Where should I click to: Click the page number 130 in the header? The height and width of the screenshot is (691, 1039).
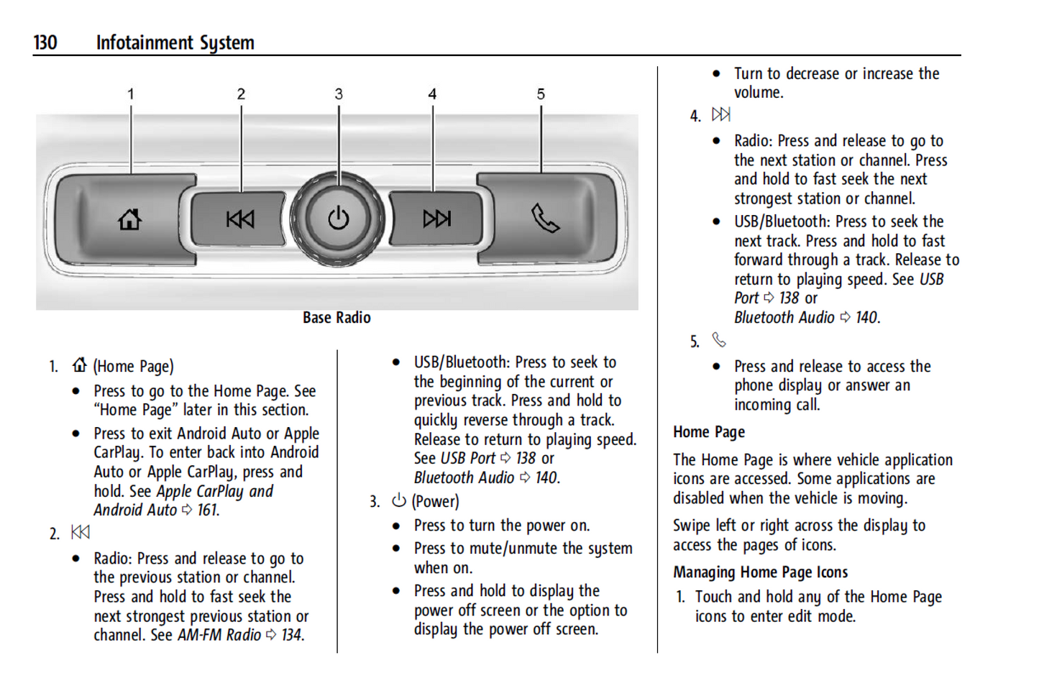tap(45, 43)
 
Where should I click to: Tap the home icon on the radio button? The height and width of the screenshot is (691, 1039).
tap(130, 219)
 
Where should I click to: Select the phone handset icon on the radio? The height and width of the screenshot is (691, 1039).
tap(545, 219)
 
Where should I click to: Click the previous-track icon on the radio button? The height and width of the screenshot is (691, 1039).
tap(240, 219)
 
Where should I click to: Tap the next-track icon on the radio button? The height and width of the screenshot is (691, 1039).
tap(436, 219)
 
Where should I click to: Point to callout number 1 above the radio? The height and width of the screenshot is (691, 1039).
tap(131, 94)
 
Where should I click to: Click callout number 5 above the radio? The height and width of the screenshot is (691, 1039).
tap(541, 94)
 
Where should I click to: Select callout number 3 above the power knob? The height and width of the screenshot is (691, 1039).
tap(339, 94)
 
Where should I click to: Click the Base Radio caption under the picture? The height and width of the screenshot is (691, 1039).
tap(337, 318)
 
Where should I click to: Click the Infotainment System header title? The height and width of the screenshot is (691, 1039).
tap(175, 43)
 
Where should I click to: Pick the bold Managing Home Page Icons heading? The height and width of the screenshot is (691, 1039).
tap(760, 572)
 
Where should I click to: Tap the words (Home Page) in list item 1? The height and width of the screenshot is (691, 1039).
tap(133, 367)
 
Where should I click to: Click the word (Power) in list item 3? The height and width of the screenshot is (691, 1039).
tap(435, 502)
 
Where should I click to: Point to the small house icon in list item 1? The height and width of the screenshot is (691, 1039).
tap(80, 365)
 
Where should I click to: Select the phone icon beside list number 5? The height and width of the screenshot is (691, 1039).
tap(719, 339)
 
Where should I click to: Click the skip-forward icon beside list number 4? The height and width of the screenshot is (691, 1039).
tap(720, 114)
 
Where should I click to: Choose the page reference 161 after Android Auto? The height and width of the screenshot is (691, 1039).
tap(208, 511)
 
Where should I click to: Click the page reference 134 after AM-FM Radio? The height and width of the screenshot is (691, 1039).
tap(291, 636)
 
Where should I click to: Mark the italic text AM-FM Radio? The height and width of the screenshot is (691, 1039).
tap(219, 636)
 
